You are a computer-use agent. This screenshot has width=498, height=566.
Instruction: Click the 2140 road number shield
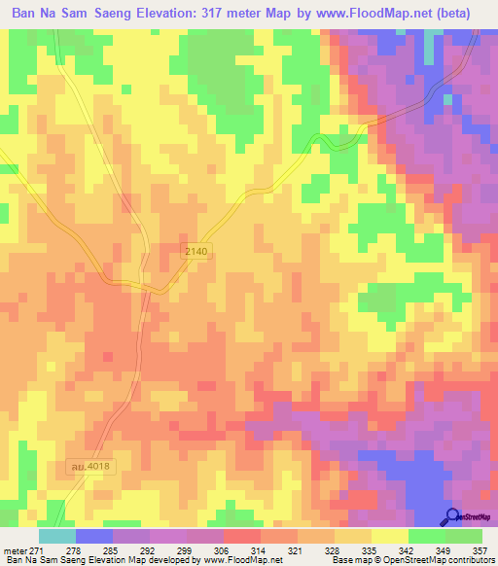pyautogui.click(x=196, y=251)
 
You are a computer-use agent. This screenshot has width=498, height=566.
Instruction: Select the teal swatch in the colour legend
pyautogui.click(x=57, y=537)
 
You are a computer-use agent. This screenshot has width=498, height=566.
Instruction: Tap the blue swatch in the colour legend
pyautogui.click(x=94, y=537)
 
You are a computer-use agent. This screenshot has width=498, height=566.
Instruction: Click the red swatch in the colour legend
pyautogui.click(x=242, y=537)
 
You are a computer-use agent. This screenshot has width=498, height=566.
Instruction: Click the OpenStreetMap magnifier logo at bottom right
pyautogui.click(x=452, y=516)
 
